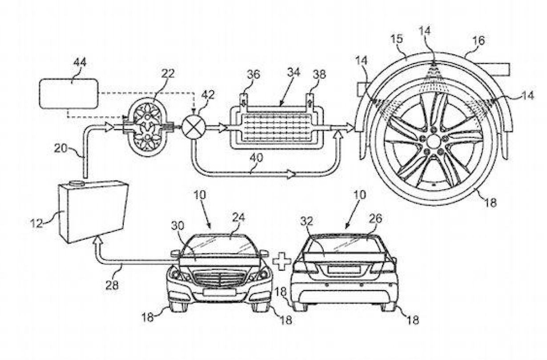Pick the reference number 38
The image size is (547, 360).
(x=319, y=75)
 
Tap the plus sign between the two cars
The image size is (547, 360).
(x=281, y=262)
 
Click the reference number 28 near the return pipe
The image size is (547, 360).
(x=112, y=285)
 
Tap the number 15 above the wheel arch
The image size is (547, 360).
(x=397, y=39)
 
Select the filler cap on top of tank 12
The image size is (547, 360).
(x=77, y=183)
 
